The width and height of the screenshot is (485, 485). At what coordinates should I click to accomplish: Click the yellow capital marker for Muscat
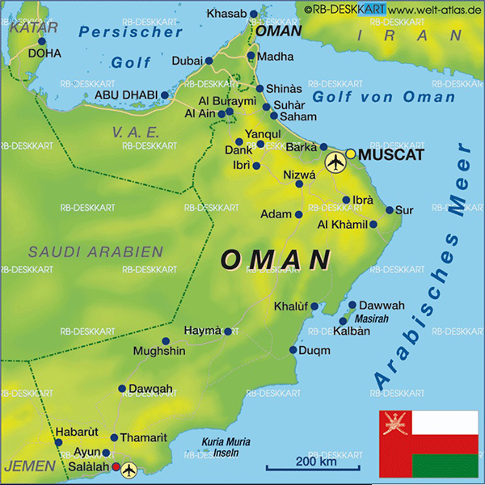[x=351, y=154]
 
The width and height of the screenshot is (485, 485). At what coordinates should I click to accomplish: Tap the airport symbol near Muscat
[x=334, y=163]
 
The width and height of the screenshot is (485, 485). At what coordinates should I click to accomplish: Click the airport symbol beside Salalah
[x=129, y=470]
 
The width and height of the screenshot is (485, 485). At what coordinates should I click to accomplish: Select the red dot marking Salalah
[x=116, y=466]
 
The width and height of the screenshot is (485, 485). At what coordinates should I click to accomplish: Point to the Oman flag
[x=428, y=444]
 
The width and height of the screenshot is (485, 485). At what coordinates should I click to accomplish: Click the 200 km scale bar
[x=314, y=469]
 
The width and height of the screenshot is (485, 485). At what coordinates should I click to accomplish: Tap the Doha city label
[x=44, y=53]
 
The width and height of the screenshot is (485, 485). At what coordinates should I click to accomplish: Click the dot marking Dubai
[x=209, y=61]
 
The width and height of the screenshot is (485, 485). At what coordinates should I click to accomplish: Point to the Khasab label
[x=227, y=14]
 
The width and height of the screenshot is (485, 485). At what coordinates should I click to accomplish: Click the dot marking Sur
[x=390, y=210]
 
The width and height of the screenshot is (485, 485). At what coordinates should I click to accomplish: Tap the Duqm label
[x=314, y=351]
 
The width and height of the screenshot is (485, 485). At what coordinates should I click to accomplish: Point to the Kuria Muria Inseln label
[x=226, y=447]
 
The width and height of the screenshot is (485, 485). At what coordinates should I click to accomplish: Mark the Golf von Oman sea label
[x=384, y=97]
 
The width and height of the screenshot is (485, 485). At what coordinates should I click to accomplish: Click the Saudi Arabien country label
[x=95, y=252]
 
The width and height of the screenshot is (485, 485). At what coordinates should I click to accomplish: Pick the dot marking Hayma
[x=228, y=331]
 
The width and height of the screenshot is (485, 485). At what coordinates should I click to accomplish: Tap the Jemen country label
[x=30, y=466]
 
